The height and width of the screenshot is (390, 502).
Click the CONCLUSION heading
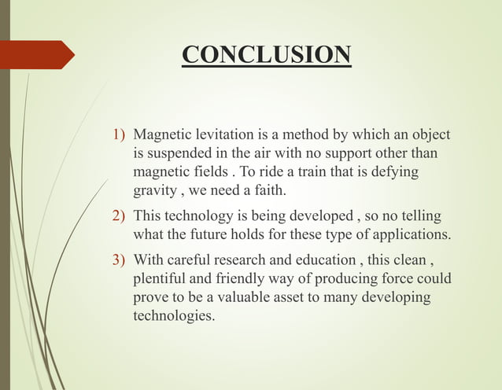click(x=266, y=55)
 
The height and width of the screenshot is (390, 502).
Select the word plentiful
click(x=160, y=278)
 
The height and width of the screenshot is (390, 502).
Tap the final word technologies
click(x=174, y=316)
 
